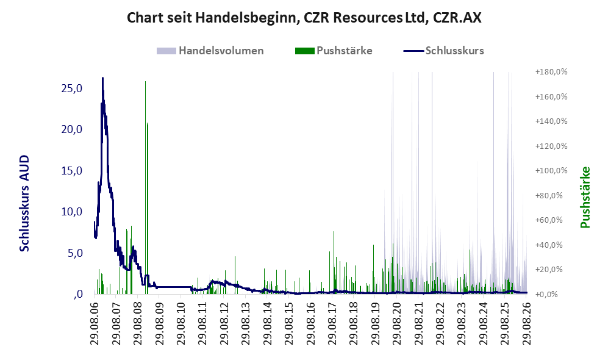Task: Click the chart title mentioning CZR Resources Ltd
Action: click(x=304, y=18)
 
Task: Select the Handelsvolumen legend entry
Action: click(x=210, y=51)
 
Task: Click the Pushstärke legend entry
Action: click(x=334, y=51)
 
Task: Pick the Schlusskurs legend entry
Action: click(x=443, y=51)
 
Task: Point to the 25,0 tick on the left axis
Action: click(x=72, y=88)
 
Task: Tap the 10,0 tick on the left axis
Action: click(x=72, y=212)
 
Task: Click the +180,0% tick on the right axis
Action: click(x=551, y=72)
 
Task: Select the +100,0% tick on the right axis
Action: click(x=551, y=171)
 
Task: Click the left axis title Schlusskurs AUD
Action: click(x=24, y=203)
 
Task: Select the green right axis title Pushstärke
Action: click(x=585, y=197)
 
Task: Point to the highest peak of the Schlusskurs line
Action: click(x=102, y=77)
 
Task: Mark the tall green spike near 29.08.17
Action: click(x=334, y=262)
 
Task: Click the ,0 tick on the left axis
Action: click(x=77, y=294)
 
